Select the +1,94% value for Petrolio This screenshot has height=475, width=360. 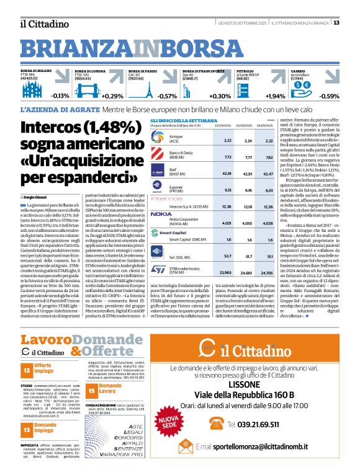275,97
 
